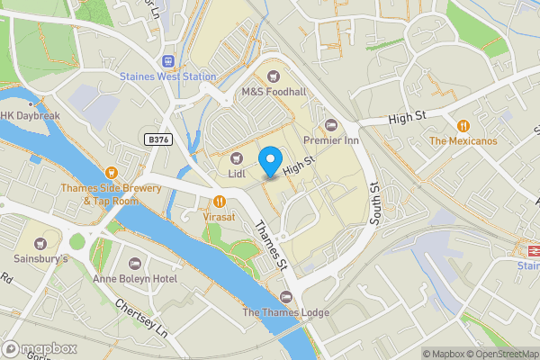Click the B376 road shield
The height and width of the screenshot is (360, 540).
point(157,139)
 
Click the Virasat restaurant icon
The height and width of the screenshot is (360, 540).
point(220,200)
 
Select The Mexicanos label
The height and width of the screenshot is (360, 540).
point(463,141)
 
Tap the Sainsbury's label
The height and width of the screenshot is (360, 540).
point(40,258)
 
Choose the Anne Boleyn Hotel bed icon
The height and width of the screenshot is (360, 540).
point(135,264)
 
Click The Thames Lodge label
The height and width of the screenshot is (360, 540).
point(286,312)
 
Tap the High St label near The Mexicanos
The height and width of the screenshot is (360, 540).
point(405,119)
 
